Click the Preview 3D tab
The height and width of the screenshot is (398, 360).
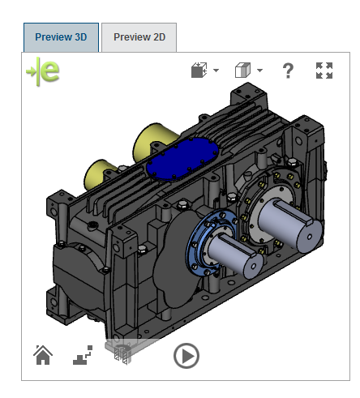tap(61, 37)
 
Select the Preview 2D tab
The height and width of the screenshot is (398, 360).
tap(139, 37)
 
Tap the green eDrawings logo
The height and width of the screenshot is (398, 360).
tap(43, 71)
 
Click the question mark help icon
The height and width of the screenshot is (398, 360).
tap(288, 71)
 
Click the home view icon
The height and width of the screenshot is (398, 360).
tap(43, 355)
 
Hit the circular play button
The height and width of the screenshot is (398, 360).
tap(186, 356)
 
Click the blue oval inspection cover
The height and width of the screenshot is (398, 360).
tap(182, 159)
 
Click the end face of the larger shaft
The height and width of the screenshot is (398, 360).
tap(310, 238)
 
